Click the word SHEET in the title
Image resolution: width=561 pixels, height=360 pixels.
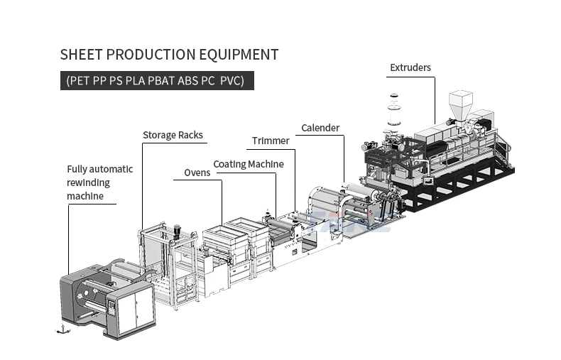click(x=82, y=55)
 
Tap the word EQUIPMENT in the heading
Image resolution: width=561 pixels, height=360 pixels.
click(x=239, y=55)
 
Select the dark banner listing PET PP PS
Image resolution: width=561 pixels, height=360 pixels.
click(x=157, y=80)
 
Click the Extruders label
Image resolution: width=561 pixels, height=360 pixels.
click(x=410, y=67)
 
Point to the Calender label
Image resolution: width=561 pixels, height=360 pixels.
click(x=320, y=128)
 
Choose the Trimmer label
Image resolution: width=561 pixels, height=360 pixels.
click(x=271, y=141)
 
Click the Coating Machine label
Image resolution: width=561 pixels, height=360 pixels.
click(x=249, y=164)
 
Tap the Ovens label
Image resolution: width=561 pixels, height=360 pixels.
click(x=197, y=173)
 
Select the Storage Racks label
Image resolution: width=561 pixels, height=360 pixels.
click(x=173, y=135)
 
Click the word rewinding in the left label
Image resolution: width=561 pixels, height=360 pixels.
click(x=88, y=182)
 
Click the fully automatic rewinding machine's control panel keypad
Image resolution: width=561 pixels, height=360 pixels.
click(x=111, y=307)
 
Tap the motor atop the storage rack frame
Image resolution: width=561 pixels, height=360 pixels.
click(x=177, y=231)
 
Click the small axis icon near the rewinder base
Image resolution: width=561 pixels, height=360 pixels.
click(x=63, y=329)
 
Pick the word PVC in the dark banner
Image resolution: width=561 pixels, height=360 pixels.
click(x=232, y=80)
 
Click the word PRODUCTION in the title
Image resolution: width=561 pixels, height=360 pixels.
click(x=151, y=55)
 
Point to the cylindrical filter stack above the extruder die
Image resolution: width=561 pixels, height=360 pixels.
click(x=394, y=110)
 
